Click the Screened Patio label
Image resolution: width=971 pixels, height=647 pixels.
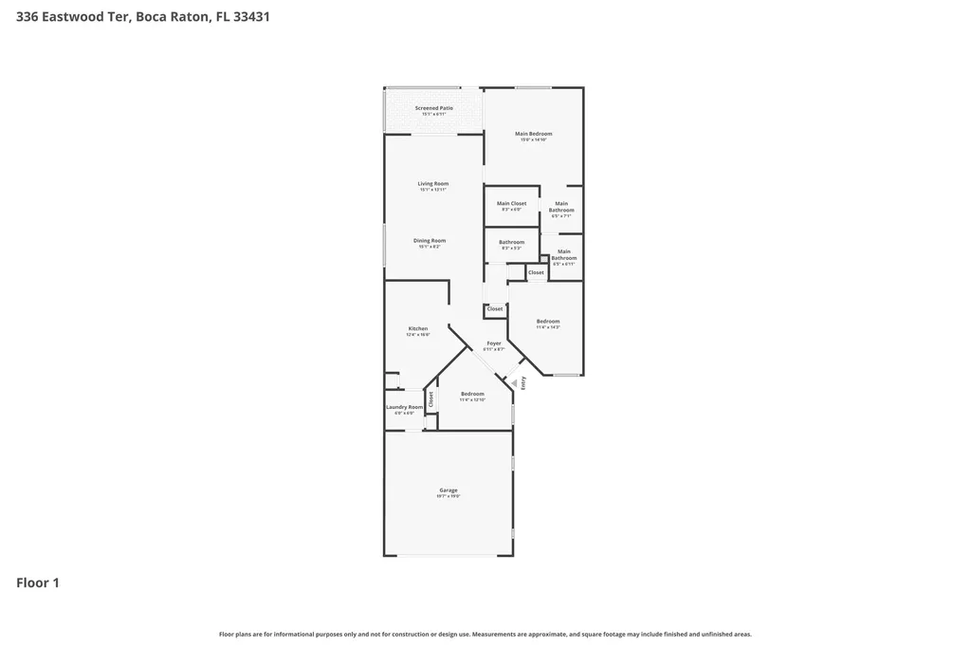point(433,108)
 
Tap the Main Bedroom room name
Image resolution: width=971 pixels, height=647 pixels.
point(533,134)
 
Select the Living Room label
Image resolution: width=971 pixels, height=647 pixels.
point(432,184)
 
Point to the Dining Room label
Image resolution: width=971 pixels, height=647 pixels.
point(429,241)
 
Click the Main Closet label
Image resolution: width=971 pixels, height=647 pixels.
point(511,203)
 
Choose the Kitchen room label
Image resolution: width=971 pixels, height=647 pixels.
point(417,329)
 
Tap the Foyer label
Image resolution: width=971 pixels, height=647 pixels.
point(493,343)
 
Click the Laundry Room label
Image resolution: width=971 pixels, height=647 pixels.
point(404,407)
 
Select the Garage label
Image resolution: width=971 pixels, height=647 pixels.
point(448,490)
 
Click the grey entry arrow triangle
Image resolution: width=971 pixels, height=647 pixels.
point(517,383)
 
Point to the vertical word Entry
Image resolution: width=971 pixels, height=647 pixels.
point(522,383)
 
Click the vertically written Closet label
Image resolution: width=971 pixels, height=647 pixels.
point(431,399)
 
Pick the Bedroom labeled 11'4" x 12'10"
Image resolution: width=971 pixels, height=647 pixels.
point(472,395)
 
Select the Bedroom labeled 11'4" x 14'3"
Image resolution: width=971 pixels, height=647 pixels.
point(547,322)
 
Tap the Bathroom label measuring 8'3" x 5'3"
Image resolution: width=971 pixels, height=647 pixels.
point(511,242)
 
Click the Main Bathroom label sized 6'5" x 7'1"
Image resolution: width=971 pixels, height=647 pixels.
point(561,207)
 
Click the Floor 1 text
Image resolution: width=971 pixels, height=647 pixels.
point(38,582)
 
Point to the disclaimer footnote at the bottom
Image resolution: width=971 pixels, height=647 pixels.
point(485,634)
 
